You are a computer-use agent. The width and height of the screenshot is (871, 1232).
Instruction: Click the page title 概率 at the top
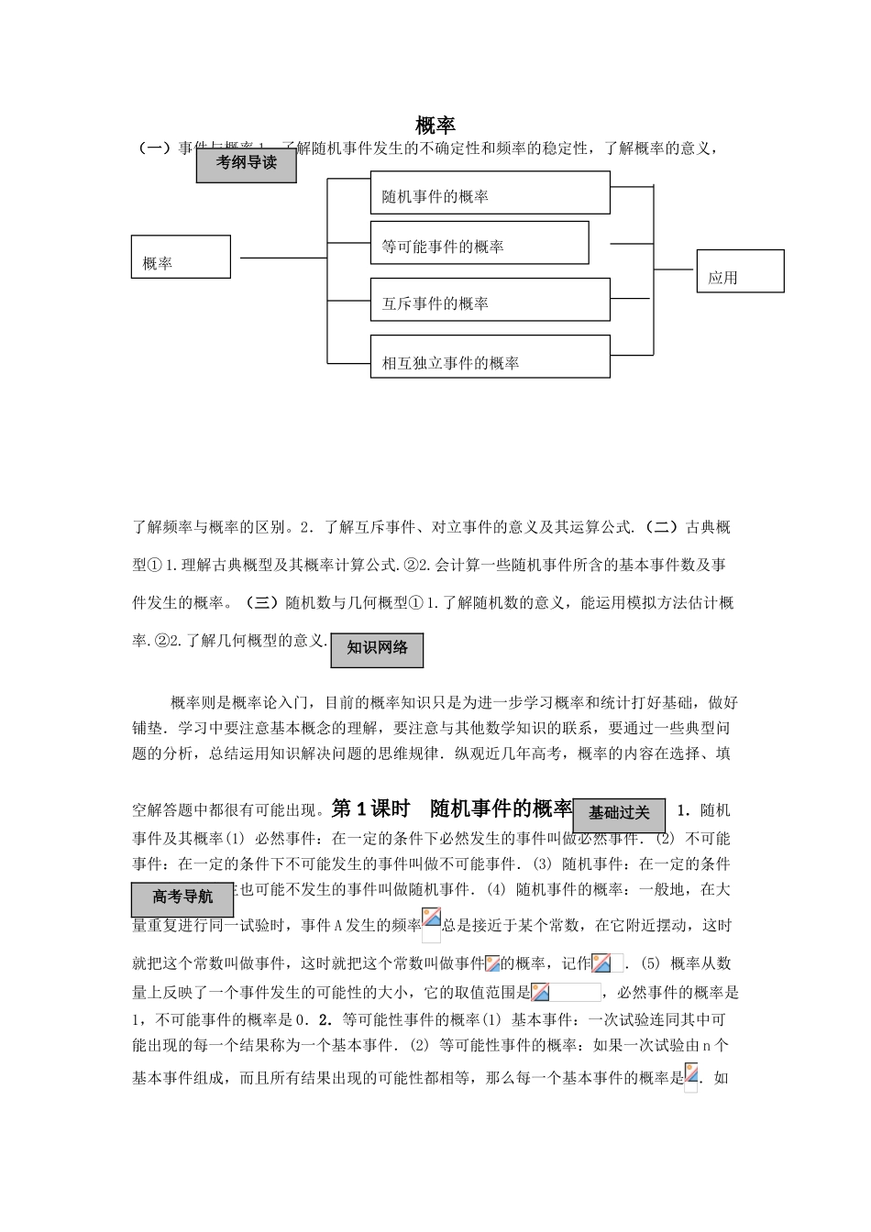click(435, 125)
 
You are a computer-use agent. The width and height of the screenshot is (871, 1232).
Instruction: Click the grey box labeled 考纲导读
click(246, 164)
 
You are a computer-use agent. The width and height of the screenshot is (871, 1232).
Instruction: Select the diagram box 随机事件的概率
click(490, 192)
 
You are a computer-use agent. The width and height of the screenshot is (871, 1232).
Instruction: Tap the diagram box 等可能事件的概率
click(479, 243)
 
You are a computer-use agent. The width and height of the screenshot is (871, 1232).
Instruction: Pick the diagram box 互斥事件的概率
click(490, 300)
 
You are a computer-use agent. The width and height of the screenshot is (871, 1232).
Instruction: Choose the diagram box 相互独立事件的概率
click(490, 357)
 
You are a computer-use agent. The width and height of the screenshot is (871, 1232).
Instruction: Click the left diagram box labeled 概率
click(181, 257)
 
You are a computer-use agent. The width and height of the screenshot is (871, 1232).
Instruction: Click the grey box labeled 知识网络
click(377, 648)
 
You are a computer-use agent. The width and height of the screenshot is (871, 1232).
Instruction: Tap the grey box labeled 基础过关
click(619, 812)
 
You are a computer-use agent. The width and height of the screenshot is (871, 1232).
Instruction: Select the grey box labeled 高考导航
click(182, 896)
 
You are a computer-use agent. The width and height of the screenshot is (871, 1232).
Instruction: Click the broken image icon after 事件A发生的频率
click(431, 918)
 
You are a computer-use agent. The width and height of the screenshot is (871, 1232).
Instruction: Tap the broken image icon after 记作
click(601, 963)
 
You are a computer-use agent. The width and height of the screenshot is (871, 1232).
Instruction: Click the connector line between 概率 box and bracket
click(282, 258)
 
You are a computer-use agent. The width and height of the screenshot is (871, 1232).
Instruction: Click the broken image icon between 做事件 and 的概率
click(492, 963)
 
